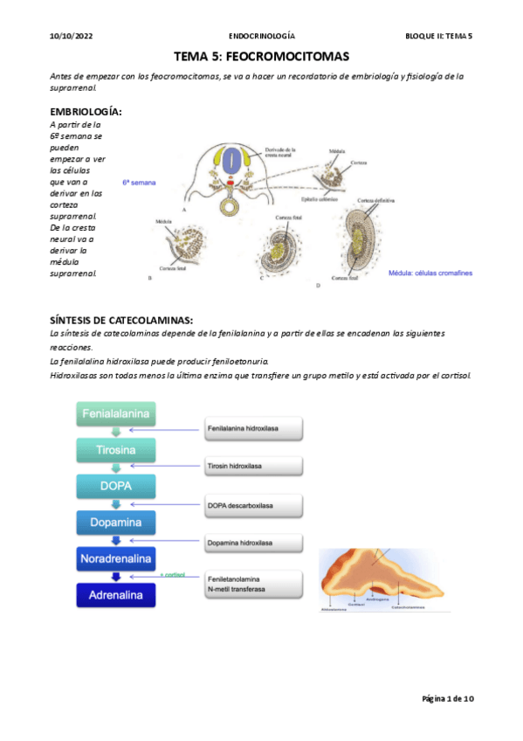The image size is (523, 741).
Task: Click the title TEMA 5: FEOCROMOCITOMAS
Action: pyautogui.click(x=261, y=56)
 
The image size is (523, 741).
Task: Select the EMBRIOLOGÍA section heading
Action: pyautogui.click(x=86, y=113)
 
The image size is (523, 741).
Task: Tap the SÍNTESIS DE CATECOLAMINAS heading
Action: pyautogui.click(x=122, y=320)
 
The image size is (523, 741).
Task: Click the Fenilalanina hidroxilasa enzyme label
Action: pyautogui.click(x=254, y=430)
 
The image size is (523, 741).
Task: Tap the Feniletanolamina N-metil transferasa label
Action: pyautogui.click(x=254, y=584)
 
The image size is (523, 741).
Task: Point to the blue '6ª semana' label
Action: pyautogui.click(x=139, y=184)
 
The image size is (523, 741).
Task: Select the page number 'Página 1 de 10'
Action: pyautogui.click(x=448, y=699)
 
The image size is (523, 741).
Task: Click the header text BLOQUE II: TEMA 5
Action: pyautogui.click(x=438, y=36)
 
